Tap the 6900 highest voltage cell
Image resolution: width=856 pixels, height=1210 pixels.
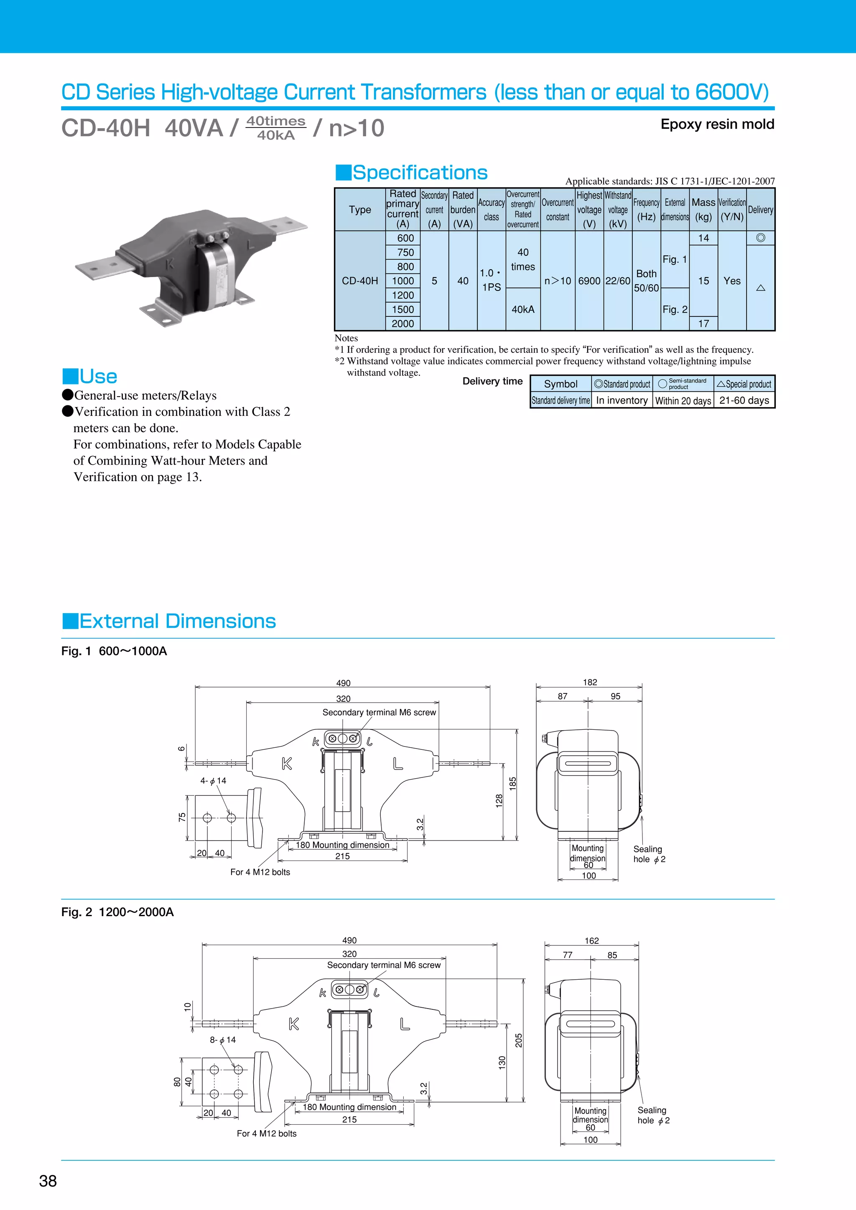point(589,281)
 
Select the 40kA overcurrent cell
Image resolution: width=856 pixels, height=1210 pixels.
point(523,309)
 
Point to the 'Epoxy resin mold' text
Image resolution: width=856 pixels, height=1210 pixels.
point(717,125)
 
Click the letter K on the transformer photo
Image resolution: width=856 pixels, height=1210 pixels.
point(170,264)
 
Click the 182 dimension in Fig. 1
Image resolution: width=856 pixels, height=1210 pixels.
point(590,682)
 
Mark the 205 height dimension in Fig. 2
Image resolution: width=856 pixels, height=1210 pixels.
point(519,1040)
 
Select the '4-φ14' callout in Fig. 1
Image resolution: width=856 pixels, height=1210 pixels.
point(214,780)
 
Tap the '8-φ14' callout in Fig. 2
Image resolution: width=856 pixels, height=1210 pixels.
point(223,1040)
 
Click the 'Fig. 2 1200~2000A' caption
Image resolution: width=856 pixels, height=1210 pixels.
point(117,912)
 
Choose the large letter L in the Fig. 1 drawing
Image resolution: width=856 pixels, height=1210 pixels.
point(398,764)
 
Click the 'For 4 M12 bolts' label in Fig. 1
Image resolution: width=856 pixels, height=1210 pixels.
point(260,872)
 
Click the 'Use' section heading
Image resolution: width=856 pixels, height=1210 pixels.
point(98,376)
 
